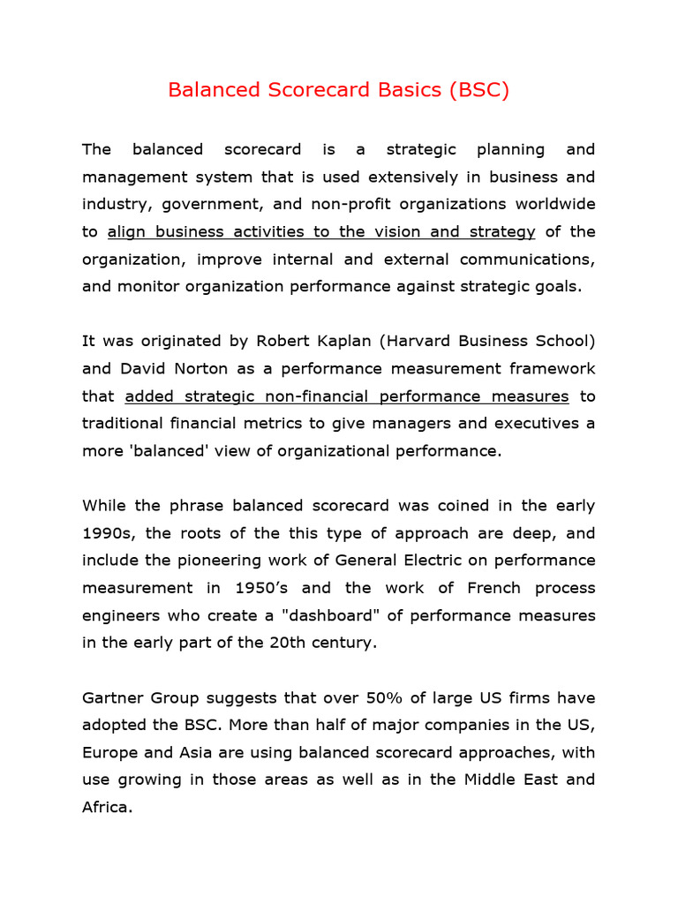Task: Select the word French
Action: click(476, 588)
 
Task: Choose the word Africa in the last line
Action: click(105, 807)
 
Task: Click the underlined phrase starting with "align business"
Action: click(321, 231)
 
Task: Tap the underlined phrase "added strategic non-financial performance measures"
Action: click(347, 395)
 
